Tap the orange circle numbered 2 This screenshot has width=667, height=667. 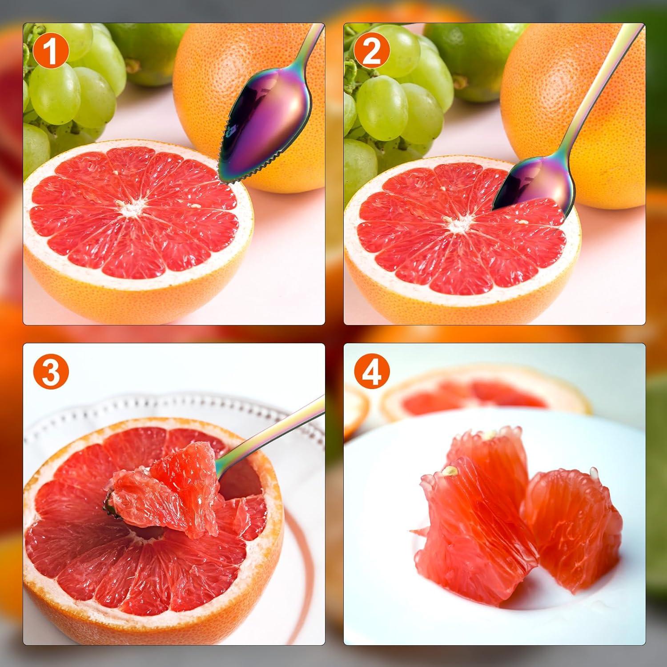point(372,52)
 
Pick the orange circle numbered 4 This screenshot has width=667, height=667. point(372,372)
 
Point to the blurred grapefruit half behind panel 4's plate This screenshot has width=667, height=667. point(485,391)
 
